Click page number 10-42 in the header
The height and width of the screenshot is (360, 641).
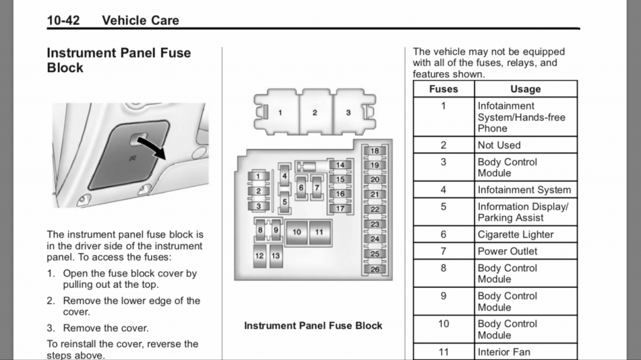pos(63,20)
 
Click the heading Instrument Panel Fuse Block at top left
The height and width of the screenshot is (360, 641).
pos(118,60)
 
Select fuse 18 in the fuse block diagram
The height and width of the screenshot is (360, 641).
pos(374,151)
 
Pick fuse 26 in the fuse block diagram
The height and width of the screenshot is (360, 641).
pos(374,269)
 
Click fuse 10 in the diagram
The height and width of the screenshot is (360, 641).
pos(297,232)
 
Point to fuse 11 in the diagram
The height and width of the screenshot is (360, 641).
pos(319,232)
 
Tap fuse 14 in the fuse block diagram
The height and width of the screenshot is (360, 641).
pos(340,165)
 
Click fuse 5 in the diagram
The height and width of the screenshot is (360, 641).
pos(284,202)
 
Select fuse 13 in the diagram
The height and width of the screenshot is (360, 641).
pos(275,256)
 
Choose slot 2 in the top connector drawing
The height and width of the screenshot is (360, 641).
pos(315,113)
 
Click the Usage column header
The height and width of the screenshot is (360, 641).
pos(525,89)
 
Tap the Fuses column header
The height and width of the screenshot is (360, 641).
pos(443,89)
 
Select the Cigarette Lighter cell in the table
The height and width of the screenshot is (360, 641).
pos(515,235)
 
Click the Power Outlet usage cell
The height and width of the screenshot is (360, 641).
pos(507,251)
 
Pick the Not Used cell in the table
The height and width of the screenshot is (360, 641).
pos(499,145)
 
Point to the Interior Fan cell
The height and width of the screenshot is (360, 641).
pos(503,352)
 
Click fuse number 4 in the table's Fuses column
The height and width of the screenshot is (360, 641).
pos(443,190)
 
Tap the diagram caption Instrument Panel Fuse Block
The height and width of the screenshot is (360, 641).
pos(313,326)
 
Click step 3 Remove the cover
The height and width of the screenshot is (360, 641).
pos(105,328)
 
